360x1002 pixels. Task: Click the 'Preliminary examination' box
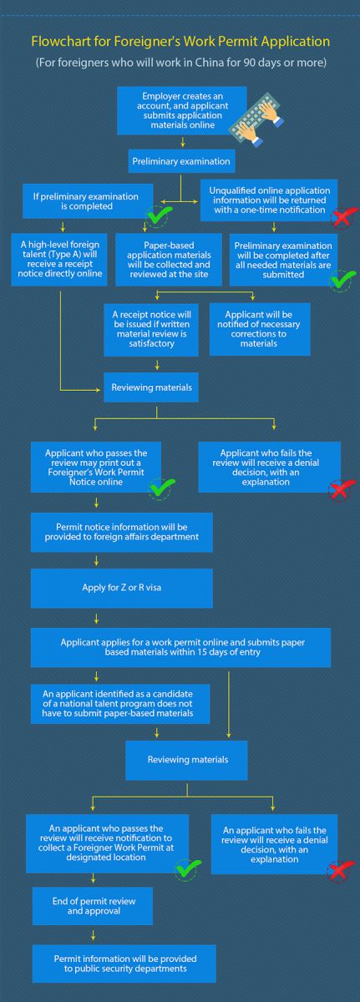pos(181,161)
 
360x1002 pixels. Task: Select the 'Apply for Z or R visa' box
pos(122,588)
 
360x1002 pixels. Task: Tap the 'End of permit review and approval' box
pos(93,906)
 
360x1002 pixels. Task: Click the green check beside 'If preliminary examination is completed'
pos(160,216)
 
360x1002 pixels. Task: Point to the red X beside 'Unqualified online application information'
pos(343,218)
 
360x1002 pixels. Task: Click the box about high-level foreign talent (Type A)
pos(59,260)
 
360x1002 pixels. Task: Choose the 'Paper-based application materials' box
pos(169,260)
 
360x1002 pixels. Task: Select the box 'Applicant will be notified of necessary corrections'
pos(260,329)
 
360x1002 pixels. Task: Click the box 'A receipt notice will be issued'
pos(151,330)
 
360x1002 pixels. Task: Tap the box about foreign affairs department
pos(122,532)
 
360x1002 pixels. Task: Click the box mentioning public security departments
pos(124,964)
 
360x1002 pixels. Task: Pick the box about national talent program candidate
pos(120,704)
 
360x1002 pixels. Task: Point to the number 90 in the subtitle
pos(250,62)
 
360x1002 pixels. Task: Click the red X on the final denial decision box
pos(342,869)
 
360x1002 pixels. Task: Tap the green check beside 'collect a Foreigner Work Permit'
pos(187,869)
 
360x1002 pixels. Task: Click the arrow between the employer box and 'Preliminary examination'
pos(182,142)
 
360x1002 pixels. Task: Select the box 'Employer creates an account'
pos(182,110)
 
